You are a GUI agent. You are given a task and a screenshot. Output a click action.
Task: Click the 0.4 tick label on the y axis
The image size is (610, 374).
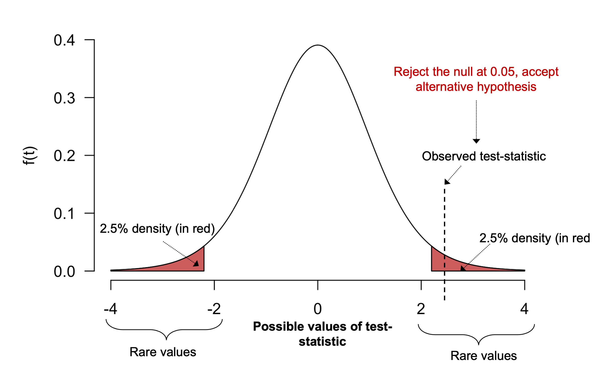(64, 40)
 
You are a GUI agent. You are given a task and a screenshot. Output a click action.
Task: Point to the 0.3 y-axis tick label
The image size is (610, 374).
(64, 98)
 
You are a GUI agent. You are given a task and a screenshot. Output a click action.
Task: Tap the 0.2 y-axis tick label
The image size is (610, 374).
(64, 156)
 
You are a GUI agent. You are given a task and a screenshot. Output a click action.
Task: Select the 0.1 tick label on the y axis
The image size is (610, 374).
(64, 214)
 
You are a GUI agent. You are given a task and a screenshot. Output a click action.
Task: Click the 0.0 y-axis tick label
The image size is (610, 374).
(64, 272)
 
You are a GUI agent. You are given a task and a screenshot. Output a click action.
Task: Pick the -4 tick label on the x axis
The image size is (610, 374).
(110, 309)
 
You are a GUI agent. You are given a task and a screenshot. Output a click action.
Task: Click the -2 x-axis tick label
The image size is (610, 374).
(214, 309)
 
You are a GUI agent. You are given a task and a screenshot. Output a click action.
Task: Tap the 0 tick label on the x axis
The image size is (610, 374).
(318, 309)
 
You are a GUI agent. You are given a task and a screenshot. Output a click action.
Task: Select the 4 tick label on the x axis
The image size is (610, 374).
(524, 309)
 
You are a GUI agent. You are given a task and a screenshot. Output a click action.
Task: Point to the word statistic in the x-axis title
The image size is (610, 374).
(322, 342)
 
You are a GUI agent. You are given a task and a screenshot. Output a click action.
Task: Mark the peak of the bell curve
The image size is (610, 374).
(318, 45)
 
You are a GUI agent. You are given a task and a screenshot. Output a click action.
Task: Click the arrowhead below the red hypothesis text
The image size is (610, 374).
(476, 141)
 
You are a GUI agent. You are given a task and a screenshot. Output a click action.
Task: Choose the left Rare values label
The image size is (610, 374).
(163, 352)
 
